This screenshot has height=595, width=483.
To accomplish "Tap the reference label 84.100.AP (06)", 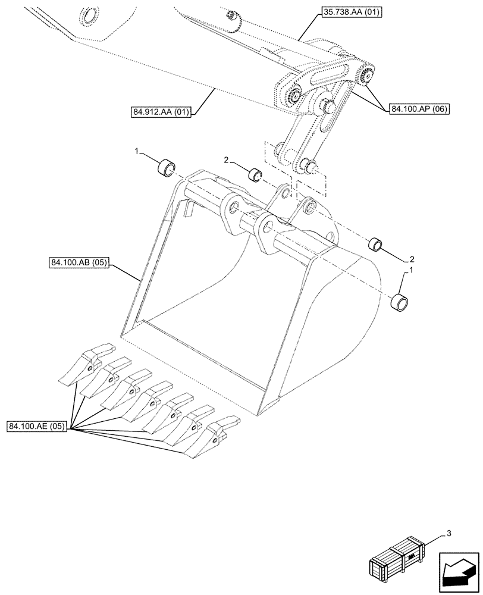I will (419, 109).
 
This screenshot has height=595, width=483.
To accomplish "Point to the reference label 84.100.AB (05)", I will (76, 263).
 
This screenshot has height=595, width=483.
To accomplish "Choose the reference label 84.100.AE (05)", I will (37, 426).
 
